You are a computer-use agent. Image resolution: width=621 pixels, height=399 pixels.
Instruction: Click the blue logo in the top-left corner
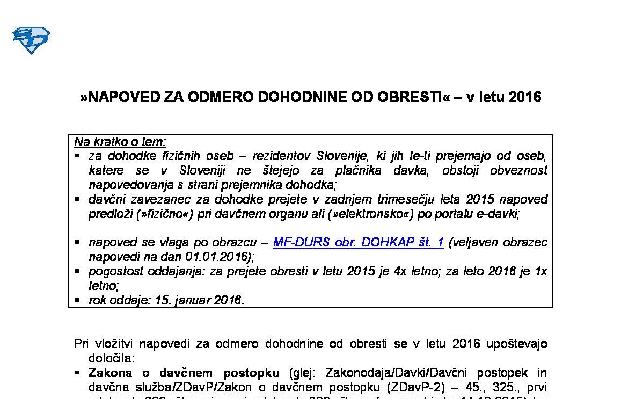(x=31, y=40)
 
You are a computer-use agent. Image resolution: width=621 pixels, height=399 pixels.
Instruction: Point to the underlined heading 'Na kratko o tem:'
(x=120, y=142)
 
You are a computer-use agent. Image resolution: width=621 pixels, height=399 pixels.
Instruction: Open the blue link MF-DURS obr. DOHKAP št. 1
(x=358, y=242)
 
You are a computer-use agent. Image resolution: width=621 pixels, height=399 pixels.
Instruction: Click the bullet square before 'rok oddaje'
(x=77, y=299)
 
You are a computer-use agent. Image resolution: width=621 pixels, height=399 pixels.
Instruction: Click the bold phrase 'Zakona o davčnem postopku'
(x=184, y=373)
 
